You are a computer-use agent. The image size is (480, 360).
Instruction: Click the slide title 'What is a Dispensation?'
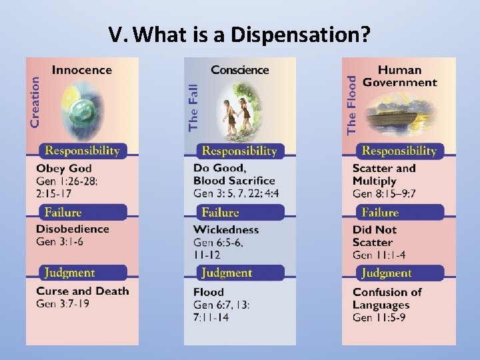(240, 35)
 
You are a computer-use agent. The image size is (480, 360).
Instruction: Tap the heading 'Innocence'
(82, 69)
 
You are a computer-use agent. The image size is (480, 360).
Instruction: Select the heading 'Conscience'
(240, 69)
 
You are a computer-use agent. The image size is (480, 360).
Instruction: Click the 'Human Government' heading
(399, 76)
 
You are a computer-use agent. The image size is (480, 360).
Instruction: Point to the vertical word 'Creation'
(35, 101)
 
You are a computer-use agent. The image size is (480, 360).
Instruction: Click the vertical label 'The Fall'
(193, 105)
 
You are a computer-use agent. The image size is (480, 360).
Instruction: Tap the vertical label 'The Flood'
(351, 105)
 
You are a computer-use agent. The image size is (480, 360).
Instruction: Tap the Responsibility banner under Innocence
(82, 151)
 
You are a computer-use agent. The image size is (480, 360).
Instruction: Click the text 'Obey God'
(64, 168)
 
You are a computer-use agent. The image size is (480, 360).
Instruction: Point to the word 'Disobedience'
(73, 229)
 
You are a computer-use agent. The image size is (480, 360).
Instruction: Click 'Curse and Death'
(83, 291)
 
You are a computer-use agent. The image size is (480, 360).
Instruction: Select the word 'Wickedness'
(226, 230)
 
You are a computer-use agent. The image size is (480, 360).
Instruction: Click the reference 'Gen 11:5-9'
(379, 317)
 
